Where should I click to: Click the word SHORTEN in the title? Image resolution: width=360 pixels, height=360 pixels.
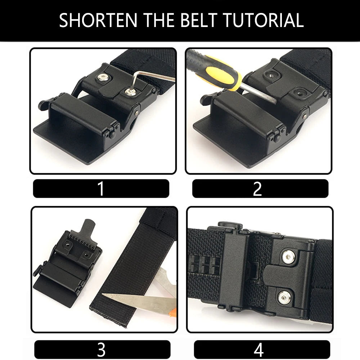tap(98, 21)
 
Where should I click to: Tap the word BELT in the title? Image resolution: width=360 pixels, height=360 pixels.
tap(199, 21)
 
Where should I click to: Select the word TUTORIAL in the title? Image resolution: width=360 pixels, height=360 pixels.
tap(264, 21)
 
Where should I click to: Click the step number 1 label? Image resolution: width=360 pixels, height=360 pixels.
tap(101, 189)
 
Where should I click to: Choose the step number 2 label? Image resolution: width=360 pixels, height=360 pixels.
tap(257, 189)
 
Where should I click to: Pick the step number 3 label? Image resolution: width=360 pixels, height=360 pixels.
tap(101, 350)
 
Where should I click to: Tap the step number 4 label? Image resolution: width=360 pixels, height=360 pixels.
tap(259, 350)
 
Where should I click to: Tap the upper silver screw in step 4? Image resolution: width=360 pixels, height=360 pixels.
tap(289, 257)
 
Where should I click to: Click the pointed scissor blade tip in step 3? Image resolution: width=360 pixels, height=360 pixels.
tap(103, 294)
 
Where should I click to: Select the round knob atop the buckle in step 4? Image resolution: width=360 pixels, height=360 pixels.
tap(230, 225)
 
